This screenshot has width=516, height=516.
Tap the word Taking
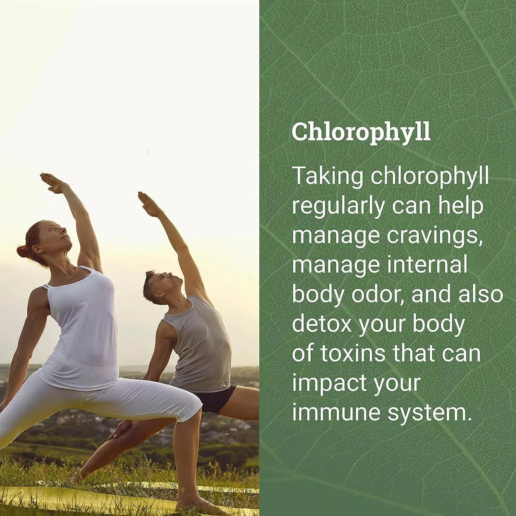pos(327,176)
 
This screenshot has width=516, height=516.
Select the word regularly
pos(338,207)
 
